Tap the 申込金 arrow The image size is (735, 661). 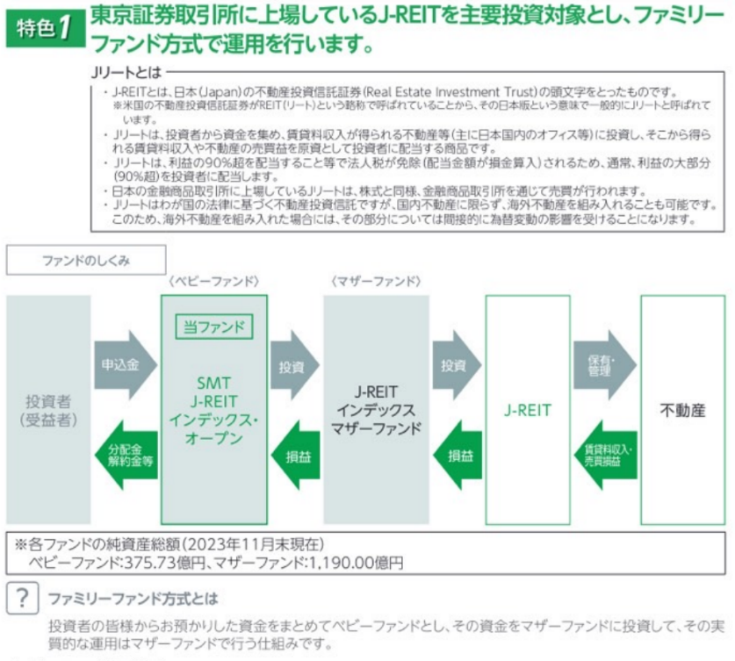[122, 361]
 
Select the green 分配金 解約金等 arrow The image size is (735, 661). [122, 453]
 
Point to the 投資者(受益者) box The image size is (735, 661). [49, 410]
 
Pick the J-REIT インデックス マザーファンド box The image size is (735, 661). [377, 410]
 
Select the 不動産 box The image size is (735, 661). [682, 410]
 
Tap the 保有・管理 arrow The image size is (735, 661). [603, 361]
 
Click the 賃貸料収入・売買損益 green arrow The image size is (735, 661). [603, 453]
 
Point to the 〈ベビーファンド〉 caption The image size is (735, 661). [214, 282]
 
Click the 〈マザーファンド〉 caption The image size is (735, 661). [377, 282]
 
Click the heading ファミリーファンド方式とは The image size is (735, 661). [133, 599]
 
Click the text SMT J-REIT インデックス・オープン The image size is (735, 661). [214, 411]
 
